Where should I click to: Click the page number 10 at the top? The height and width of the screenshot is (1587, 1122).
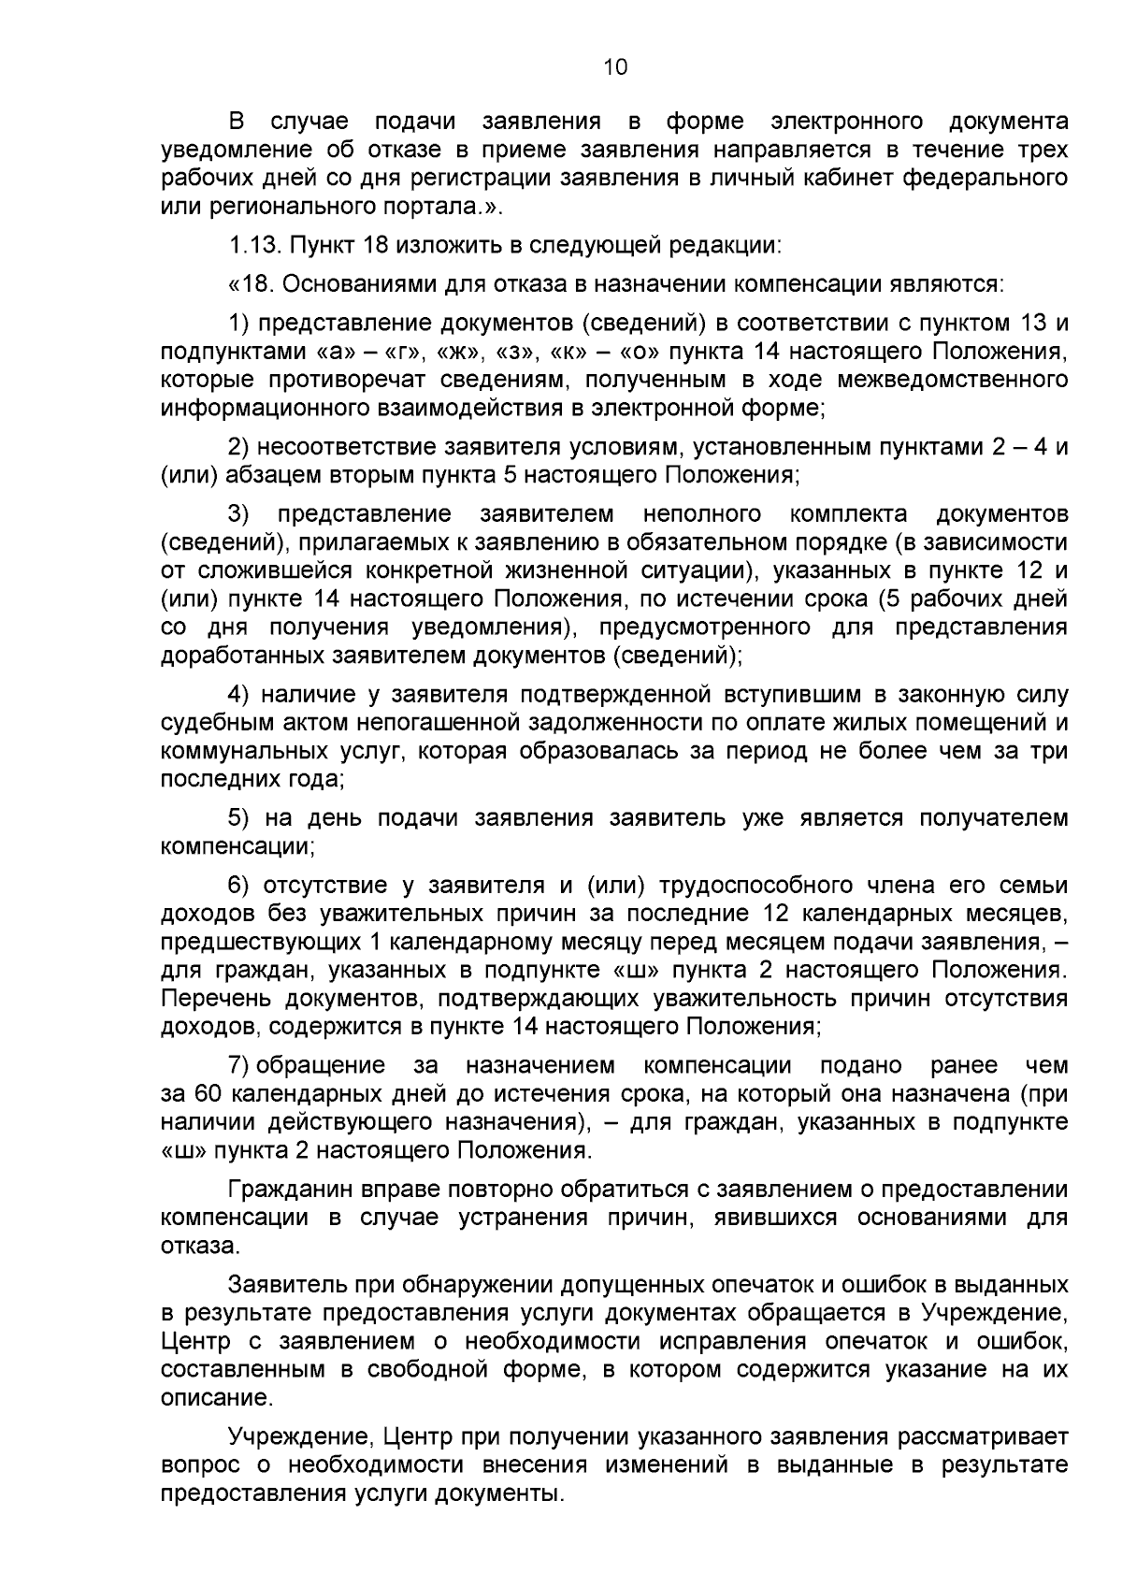click(615, 66)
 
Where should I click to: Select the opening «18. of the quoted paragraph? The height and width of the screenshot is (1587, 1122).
click(247, 284)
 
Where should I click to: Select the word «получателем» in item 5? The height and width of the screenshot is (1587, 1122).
click(993, 818)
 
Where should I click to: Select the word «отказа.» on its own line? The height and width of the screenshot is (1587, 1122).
click(200, 1247)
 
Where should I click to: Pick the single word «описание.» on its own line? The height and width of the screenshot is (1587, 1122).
click(217, 1399)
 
